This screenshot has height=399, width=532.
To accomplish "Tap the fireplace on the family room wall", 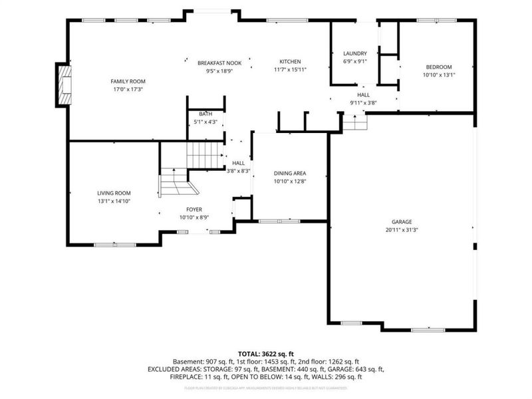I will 64,84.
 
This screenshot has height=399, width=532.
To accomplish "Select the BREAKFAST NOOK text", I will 219,63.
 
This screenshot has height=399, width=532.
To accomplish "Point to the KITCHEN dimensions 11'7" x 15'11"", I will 290,70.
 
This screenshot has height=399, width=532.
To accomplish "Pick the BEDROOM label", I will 439,66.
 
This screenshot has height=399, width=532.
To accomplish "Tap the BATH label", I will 205,114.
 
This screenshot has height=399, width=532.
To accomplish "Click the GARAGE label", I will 402,221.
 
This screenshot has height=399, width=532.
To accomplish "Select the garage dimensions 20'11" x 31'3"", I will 402,229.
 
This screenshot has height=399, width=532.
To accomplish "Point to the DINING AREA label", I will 290,173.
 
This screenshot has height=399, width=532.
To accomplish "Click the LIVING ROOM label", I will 114,193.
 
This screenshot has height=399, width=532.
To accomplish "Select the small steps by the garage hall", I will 355,122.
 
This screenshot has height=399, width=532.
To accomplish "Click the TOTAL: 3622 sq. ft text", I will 266,353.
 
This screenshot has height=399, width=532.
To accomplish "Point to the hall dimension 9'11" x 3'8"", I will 363,103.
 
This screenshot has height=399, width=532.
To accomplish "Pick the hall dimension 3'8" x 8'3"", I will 238,171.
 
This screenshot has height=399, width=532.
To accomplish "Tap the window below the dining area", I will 279,221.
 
